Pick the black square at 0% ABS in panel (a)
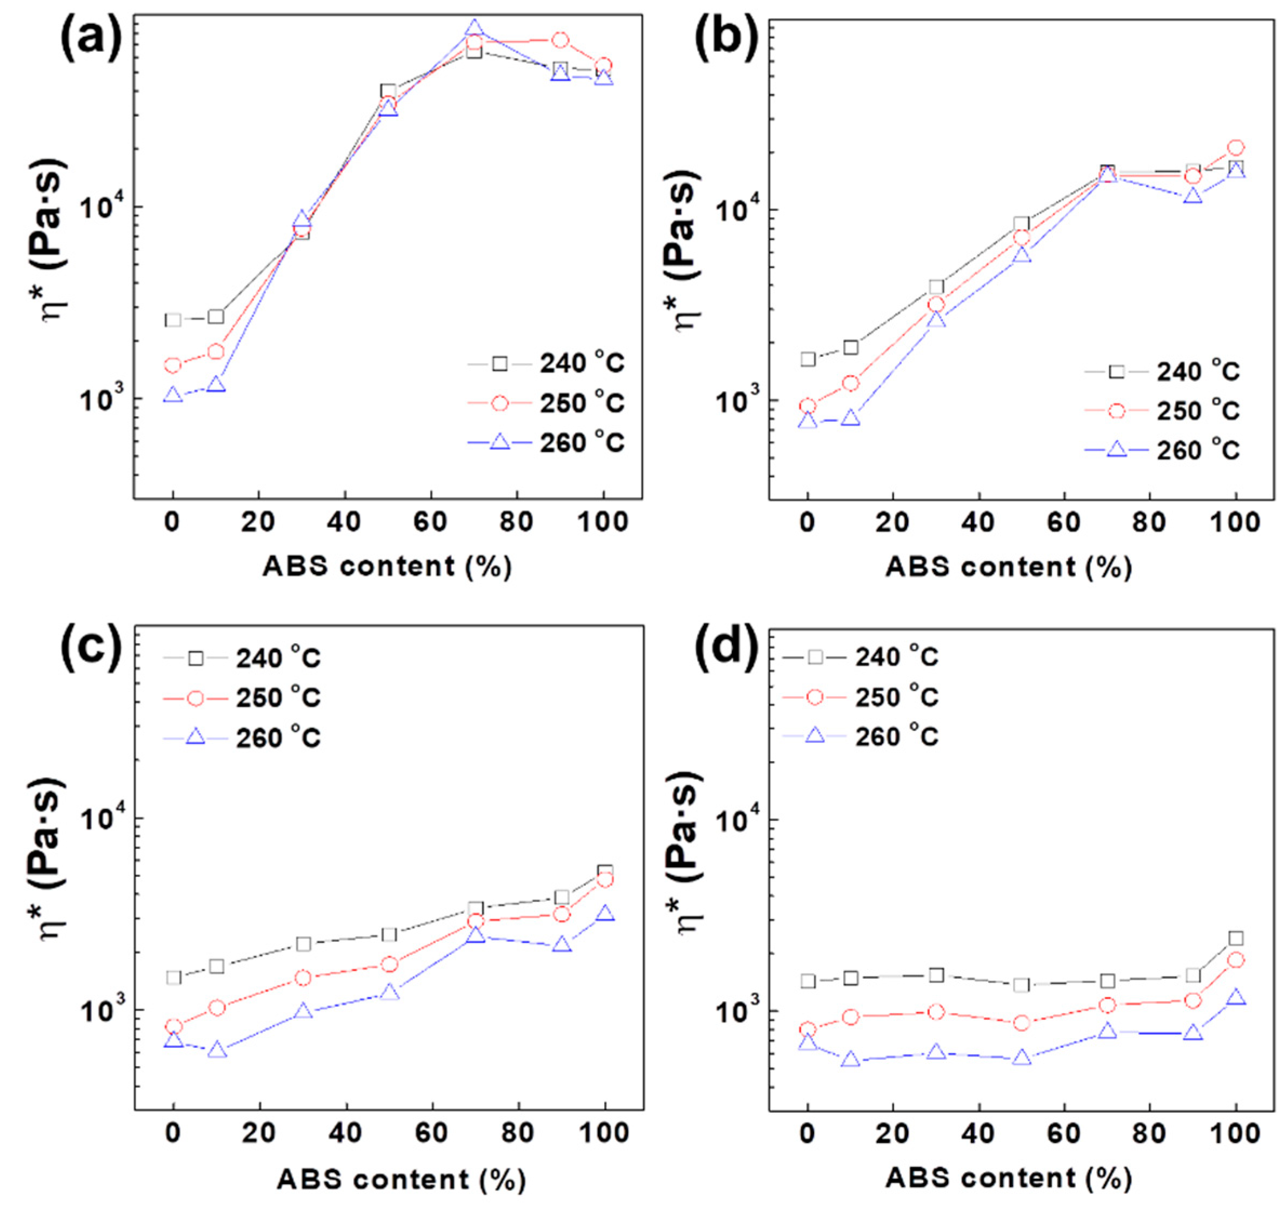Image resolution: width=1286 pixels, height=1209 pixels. pos(173,320)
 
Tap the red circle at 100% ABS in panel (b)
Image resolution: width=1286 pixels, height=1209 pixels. pos(1236,148)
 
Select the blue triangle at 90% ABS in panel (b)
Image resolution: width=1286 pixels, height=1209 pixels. pos(1193,195)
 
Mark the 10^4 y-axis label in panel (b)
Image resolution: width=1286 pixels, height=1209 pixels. pos(734,208)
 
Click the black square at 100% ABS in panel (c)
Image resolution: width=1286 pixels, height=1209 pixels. pos(605,871)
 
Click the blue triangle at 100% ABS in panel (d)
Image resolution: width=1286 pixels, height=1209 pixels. pos(1236,997)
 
